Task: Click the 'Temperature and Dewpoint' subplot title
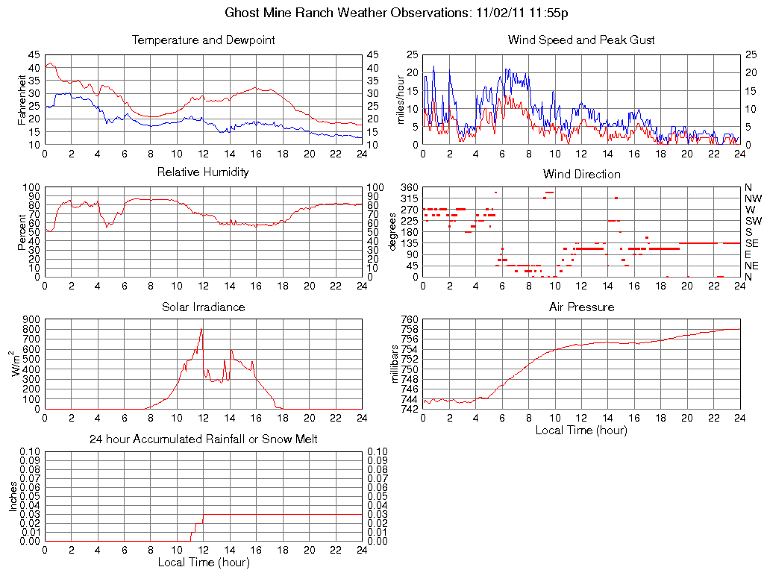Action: tap(203, 40)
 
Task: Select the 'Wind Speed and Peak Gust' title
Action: tap(581, 40)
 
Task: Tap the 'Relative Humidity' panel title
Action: tap(203, 172)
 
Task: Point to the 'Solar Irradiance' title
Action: tap(203, 307)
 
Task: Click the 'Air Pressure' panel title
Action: tap(581, 307)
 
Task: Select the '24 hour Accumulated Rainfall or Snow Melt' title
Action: tap(203, 439)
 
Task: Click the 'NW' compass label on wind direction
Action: tap(752, 198)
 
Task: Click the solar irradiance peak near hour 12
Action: tap(201, 330)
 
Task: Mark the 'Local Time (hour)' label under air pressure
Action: tap(581, 430)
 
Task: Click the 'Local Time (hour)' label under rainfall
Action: tap(203, 562)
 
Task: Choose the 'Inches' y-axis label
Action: tap(13, 496)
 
